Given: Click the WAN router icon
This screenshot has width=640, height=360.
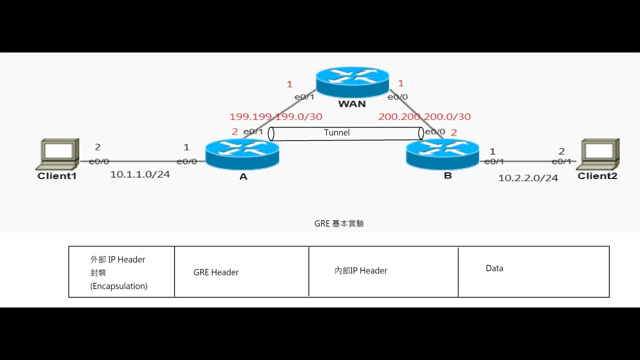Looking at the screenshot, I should coord(352,82).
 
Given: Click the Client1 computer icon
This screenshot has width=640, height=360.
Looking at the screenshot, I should coord(59,154).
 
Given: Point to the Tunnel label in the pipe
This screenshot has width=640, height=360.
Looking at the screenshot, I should coord(337,132).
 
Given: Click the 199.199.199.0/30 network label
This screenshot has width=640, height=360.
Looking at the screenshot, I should coord(275,116).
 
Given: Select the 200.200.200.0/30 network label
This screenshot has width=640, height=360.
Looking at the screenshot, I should coord(424,116).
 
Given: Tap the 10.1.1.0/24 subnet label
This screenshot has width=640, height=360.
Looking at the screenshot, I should coord(140,174).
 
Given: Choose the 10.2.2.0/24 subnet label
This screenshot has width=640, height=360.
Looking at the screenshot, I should coord(528,178).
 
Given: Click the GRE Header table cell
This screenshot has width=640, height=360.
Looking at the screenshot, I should coord(216,272).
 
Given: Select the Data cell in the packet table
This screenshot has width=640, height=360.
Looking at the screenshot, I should coord(494,268).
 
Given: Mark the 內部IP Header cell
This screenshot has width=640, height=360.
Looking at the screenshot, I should coord(360,270).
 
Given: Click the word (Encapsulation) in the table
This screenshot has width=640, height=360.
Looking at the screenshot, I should coord(118,286).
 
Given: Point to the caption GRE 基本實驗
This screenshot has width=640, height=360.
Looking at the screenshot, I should coord(339,223).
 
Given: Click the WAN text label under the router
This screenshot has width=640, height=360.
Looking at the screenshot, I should coord(352,104).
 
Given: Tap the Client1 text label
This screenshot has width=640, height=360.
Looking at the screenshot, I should coord(57,176).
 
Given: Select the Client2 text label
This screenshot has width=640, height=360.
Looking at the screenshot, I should coord(597,176).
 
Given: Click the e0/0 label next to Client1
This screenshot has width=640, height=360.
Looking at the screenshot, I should coord(98,161).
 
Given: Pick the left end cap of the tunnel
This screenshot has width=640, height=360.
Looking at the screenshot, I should coord(271,133).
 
